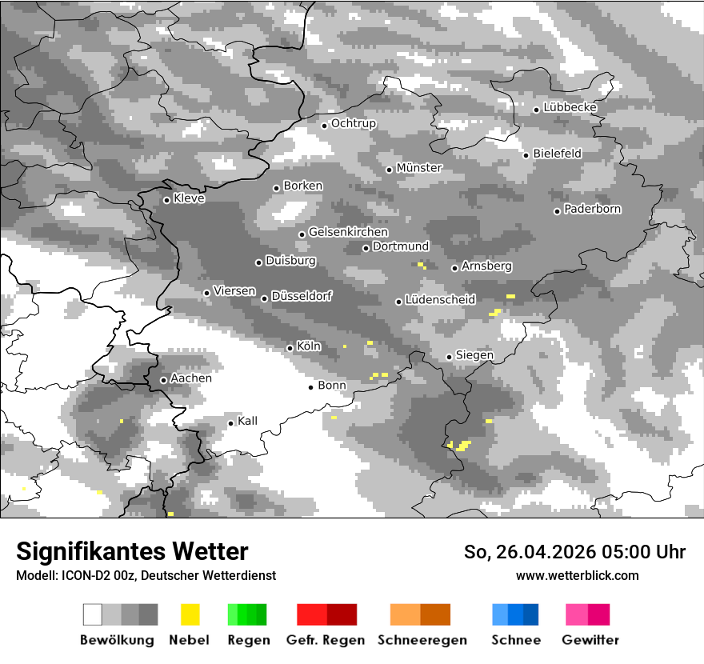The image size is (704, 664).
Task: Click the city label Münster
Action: tap(419, 168)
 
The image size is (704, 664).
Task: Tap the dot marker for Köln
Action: tap(290, 348)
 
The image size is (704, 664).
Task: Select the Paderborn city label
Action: tap(593, 210)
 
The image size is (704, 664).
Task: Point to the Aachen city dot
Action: tap(163, 380)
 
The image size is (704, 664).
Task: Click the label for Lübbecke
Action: tap(570, 107)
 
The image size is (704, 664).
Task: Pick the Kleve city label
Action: tap(189, 198)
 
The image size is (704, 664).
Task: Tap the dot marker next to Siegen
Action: tap(449, 357)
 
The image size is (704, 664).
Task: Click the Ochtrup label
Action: tap(354, 124)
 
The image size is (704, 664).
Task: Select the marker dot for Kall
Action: tap(230, 423)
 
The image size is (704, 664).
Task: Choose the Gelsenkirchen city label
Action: tap(348, 233)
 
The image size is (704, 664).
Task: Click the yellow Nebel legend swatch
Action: tap(190, 614)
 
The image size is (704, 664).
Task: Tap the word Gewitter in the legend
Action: tap(590, 640)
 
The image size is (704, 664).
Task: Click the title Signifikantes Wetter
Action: tap(132, 551)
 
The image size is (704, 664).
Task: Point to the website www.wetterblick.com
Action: tap(577, 575)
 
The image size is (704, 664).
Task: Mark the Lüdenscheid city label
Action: tap(440, 300)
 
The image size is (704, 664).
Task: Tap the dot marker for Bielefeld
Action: tap(526, 155)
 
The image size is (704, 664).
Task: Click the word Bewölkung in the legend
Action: tap(117, 640)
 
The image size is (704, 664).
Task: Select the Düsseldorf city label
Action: tap(302, 296)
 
